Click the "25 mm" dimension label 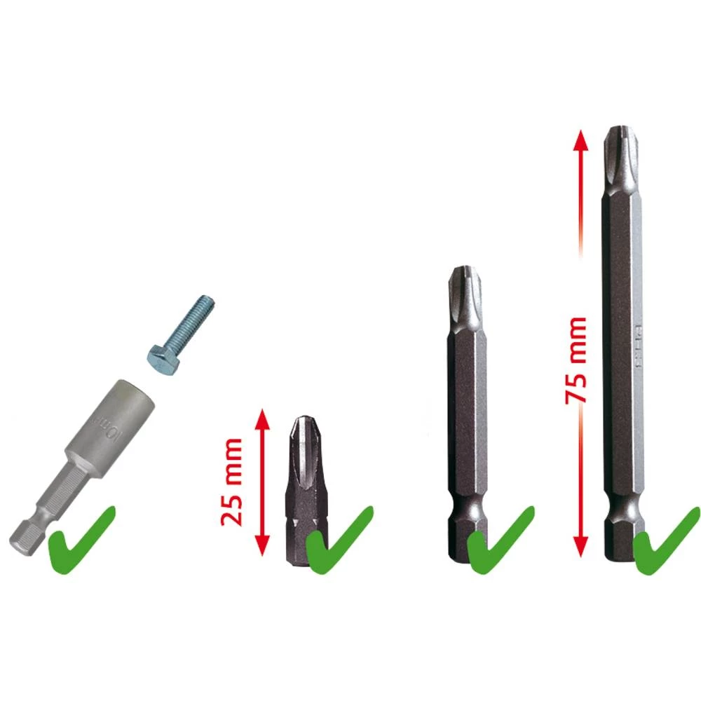pyautogui.click(x=232, y=482)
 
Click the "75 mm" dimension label pyautogui.click(x=576, y=359)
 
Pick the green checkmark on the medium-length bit pyautogui.click(x=500, y=538)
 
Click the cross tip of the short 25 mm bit pyautogui.click(x=302, y=435)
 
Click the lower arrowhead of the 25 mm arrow pyautogui.click(x=261, y=545)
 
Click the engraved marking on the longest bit pyautogui.click(x=639, y=348)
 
